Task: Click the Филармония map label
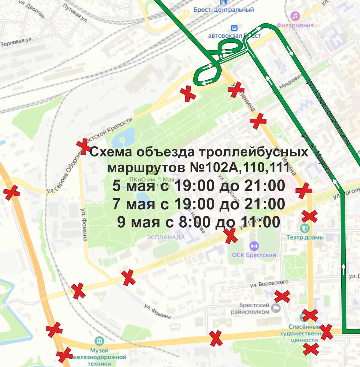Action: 295,25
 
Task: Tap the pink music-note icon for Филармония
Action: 295,16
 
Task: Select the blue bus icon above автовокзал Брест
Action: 234,28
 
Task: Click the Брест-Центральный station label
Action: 224,10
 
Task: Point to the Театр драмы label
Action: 305,237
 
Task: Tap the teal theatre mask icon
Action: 304,228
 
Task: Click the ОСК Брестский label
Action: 254,255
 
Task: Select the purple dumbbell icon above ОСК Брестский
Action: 254,246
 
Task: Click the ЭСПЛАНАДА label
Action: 166,237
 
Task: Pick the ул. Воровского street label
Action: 269,284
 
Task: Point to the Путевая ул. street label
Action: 75,13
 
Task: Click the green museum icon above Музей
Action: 99,341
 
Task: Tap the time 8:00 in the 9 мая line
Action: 195,222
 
